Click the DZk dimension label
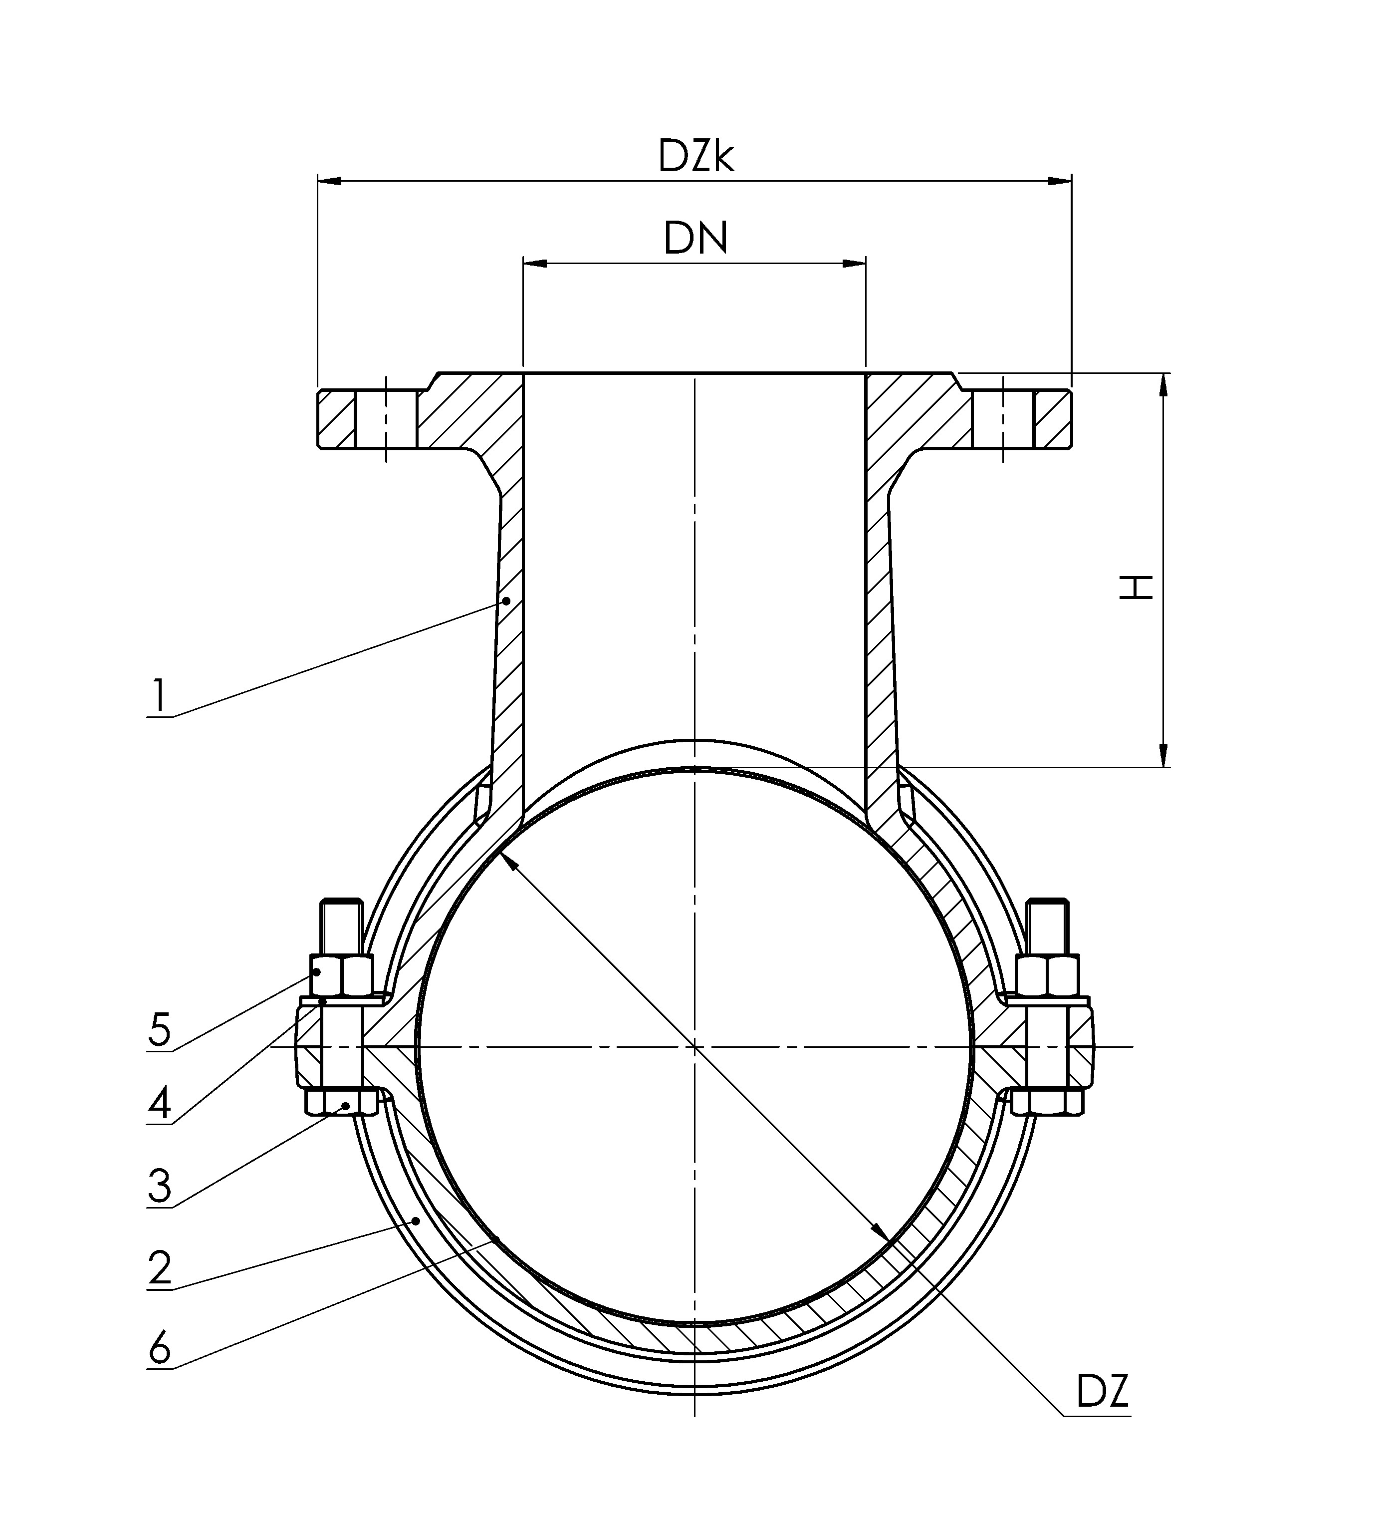tap(695, 157)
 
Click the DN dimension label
tap(695, 239)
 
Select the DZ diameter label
tap(1103, 1391)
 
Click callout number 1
tap(158, 696)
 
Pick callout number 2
tap(159, 1268)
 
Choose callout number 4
tap(159, 1104)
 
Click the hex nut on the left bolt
tap(342, 975)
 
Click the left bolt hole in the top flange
tap(386, 419)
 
